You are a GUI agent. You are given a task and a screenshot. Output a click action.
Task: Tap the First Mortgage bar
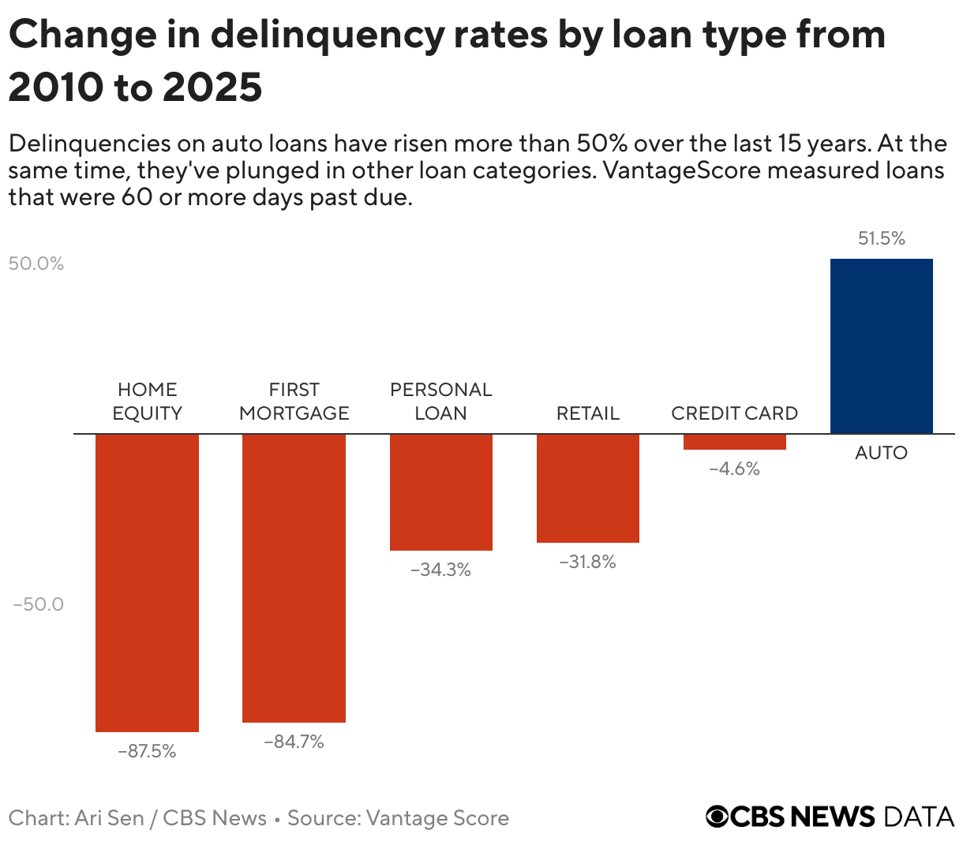click(x=294, y=577)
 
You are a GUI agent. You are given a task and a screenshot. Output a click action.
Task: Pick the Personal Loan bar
click(x=440, y=492)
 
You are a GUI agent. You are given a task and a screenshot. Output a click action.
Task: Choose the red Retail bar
click(x=587, y=488)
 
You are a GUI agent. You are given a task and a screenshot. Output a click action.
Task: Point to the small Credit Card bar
click(x=734, y=442)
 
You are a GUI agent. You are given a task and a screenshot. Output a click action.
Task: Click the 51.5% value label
click(x=881, y=238)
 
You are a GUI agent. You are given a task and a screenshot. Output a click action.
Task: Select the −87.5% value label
click(x=147, y=751)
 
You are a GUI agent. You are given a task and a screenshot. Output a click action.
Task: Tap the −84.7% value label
click(x=294, y=742)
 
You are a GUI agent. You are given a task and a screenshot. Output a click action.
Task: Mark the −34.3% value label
click(x=440, y=570)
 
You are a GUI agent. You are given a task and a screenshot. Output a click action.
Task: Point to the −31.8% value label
click(x=587, y=562)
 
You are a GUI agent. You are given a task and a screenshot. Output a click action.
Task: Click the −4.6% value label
click(x=734, y=469)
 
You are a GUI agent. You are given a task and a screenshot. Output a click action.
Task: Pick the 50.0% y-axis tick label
click(x=36, y=264)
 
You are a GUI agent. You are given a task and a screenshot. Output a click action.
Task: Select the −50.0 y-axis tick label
click(x=38, y=604)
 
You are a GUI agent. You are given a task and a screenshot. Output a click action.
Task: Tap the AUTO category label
click(x=881, y=453)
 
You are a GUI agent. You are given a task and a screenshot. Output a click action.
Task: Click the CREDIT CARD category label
click(x=734, y=413)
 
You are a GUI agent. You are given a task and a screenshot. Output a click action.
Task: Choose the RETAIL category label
click(x=587, y=413)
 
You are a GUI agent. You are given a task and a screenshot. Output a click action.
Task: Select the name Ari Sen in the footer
click(x=109, y=818)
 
